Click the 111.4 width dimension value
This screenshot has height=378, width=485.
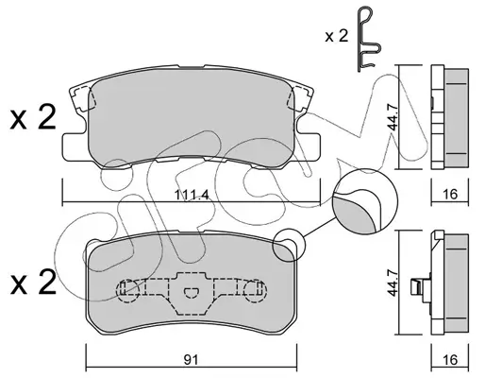tap(192, 196)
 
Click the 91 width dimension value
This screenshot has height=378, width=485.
tap(191, 359)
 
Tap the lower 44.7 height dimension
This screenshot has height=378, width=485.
tap(393, 283)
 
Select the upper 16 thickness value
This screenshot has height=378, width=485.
tap(450, 194)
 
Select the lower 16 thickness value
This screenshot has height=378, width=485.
tap(450, 359)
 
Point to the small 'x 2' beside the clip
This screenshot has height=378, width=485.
tap(336, 37)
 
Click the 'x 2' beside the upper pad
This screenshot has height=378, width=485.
tap(33, 118)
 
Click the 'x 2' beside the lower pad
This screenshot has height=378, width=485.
tap(33, 282)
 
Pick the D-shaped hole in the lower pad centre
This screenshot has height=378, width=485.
tap(191, 293)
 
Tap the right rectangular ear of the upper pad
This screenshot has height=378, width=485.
tap(308, 147)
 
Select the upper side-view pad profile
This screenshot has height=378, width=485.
tap(450, 117)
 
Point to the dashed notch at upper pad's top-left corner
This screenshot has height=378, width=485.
tap(82, 99)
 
